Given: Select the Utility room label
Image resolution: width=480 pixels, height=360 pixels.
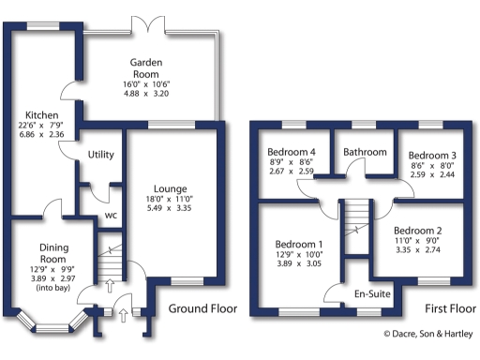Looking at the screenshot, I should point(101,155).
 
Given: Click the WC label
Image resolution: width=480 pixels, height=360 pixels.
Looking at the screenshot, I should point(111,215).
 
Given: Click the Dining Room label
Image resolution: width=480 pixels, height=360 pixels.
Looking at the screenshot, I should point(52,252).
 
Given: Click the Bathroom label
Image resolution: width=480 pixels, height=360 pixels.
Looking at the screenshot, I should point(364,152).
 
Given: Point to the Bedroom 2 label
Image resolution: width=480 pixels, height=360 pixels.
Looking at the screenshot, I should point(417,231).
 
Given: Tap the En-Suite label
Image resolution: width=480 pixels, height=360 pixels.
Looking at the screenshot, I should point(371,294).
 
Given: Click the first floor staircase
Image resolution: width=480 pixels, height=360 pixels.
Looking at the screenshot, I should point(354,225).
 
